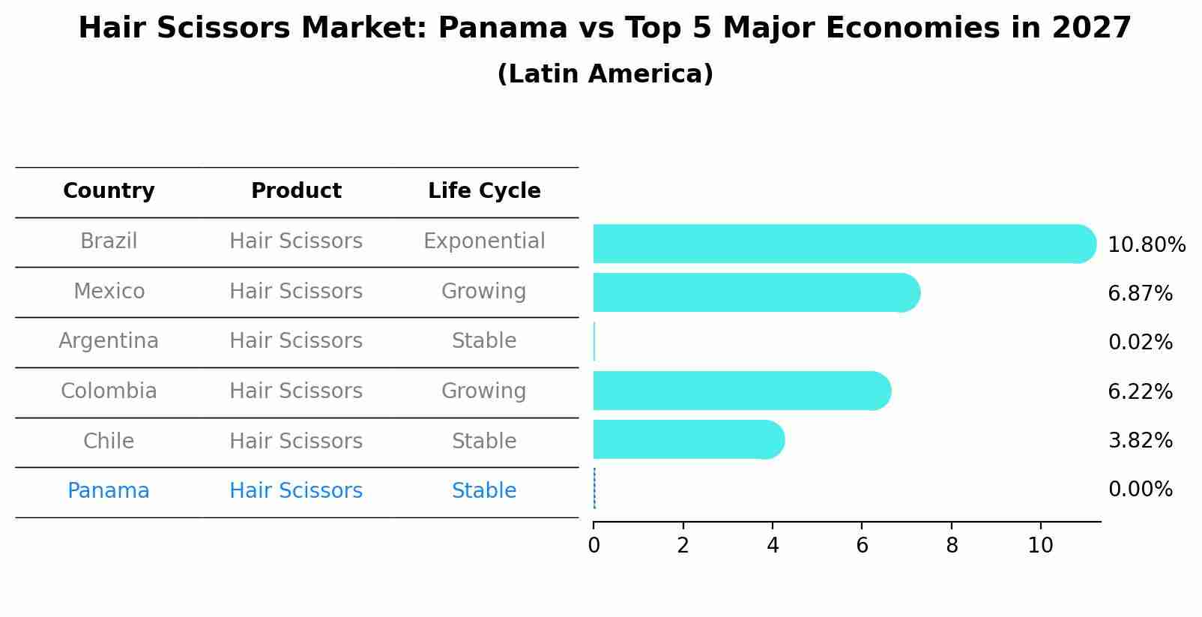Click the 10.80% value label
(x=1146, y=245)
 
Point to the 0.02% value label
(x=1140, y=343)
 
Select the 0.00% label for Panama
(x=1140, y=490)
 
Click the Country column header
(x=109, y=191)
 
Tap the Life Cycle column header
(x=484, y=191)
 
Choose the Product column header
(x=296, y=191)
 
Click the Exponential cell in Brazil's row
(x=484, y=241)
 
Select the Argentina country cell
(x=109, y=341)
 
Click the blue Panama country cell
(x=109, y=491)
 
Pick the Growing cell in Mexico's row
(x=484, y=292)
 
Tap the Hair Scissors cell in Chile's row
(x=296, y=442)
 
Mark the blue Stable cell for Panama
(x=484, y=491)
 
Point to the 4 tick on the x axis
(x=773, y=546)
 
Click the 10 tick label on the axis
(x=1040, y=546)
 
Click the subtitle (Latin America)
(x=605, y=74)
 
